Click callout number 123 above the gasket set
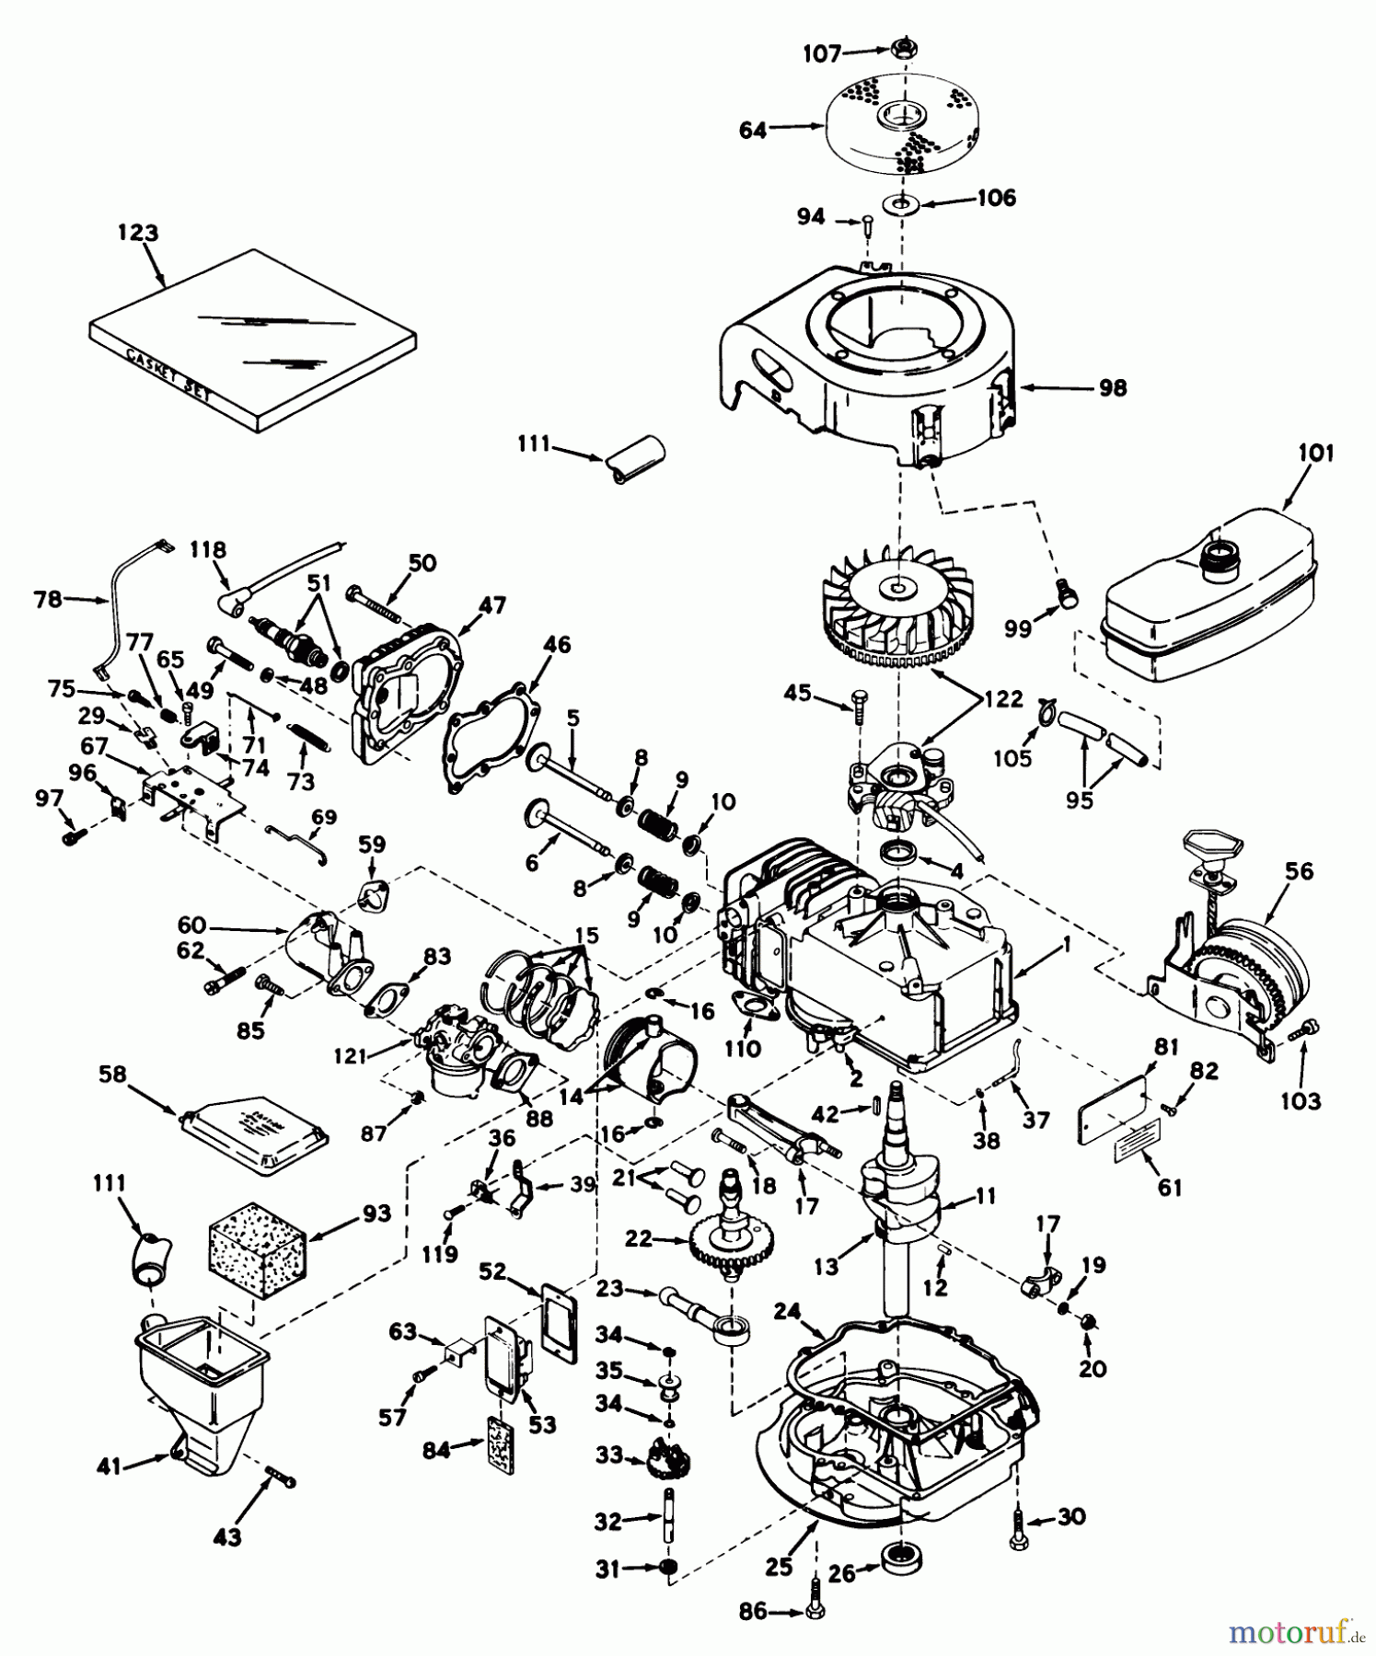coord(137,233)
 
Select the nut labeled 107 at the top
coord(901,49)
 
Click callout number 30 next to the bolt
coord(1072,1515)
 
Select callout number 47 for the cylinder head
coord(492,604)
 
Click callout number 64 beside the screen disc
coord(753,131)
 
